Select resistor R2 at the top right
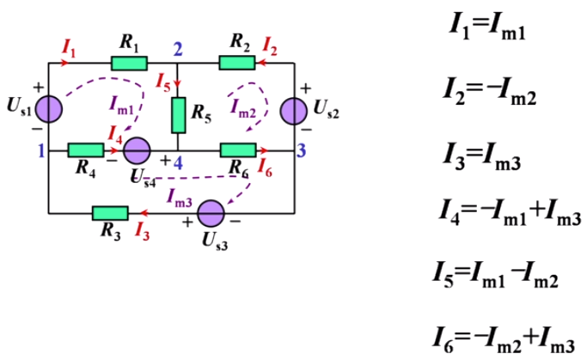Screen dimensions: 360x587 click(x=236, y=62)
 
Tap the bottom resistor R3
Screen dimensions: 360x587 click(x=110, y=212)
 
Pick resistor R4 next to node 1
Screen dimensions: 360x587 click(x=86, y=151)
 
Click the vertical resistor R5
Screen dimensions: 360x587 click(x=179, y=114)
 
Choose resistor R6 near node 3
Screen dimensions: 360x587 click(x=237, y=151)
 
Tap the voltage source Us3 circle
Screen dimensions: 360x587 click(x=211, y=212)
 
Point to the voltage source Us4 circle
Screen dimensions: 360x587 click(x=137, y=151)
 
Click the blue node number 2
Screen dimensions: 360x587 click(x=178, y=48)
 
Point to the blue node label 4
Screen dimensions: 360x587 click(x=178, y=162)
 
